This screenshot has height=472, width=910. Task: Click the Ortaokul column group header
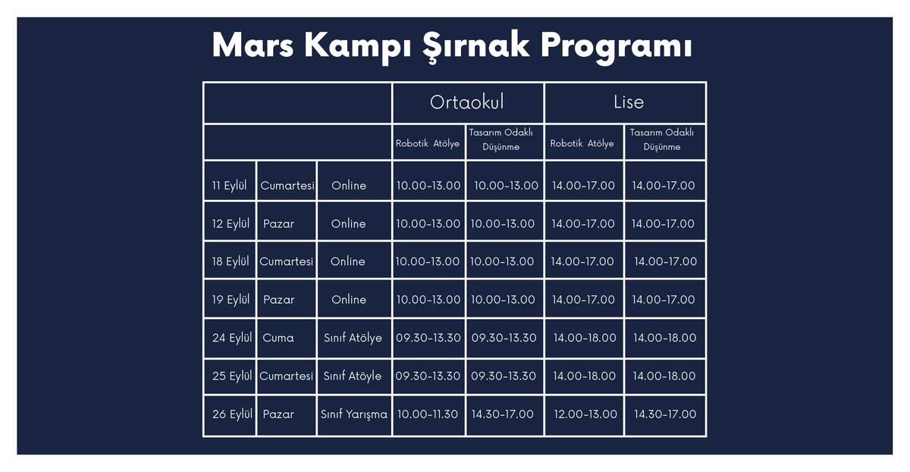click(x=466, y=102)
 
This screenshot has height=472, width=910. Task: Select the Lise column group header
click(x=628, y=102)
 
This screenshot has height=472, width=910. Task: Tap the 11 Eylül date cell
click(x=230, y=186)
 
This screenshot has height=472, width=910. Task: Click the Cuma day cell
click(x=278, y=338)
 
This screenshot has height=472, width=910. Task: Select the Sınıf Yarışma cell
click(x=353, y=414)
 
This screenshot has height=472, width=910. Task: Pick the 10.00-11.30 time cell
click(x=428, y=414)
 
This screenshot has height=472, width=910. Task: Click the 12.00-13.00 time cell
click(x=585, y=414)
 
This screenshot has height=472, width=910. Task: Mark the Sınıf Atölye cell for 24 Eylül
click(x=353, y=338)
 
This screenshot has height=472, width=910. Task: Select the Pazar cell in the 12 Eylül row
click(x=278, y=224)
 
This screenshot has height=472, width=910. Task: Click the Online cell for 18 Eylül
click(x=347, y=261)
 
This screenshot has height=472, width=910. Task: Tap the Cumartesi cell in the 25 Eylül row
click(x=286, y=377)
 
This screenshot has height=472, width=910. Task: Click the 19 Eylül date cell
click(x=231, y=300)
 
